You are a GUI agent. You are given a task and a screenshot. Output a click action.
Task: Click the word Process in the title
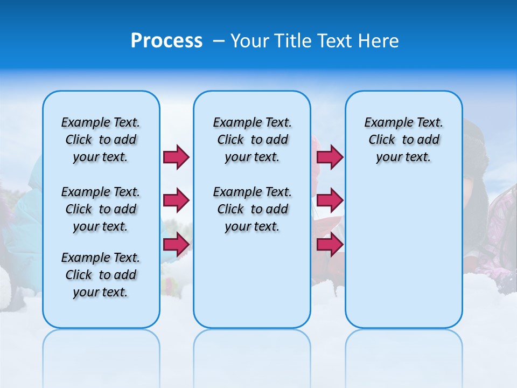click(x=166, y=41)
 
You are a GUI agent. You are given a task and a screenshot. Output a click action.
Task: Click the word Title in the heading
click(x=292, y=41)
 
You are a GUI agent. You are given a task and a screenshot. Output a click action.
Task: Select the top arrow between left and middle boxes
click(x=176, y=157)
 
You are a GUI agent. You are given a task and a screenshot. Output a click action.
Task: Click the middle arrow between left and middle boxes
click(x=176, y=200)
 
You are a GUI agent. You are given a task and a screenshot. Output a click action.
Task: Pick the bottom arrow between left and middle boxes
click(x=176, y=245)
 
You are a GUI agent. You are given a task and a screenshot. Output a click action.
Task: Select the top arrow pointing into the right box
click(x=330, y=157)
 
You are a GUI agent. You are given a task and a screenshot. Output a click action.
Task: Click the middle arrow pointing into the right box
click(x=330, y=200)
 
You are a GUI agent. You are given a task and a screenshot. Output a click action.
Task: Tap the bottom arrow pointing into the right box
click(x=330, y=245)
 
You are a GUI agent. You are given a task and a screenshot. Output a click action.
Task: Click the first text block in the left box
click(x=101, y=140)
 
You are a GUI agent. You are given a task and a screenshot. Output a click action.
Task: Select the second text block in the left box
click(x=101, y=209)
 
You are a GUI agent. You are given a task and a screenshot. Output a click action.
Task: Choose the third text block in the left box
click(x=101, y=275)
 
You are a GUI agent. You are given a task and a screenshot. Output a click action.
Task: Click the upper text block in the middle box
click(x=252, y=140)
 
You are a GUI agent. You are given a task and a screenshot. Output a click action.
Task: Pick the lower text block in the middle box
click(x=252, y=209)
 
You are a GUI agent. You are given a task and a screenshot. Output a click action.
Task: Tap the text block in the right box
click(x=403, y=140)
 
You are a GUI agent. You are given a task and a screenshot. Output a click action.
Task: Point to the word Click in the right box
click(x=382, y=140)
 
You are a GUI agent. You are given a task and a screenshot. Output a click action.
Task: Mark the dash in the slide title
click(x=219, y=41)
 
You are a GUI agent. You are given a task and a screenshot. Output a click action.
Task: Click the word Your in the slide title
click(x=249, y=41)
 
